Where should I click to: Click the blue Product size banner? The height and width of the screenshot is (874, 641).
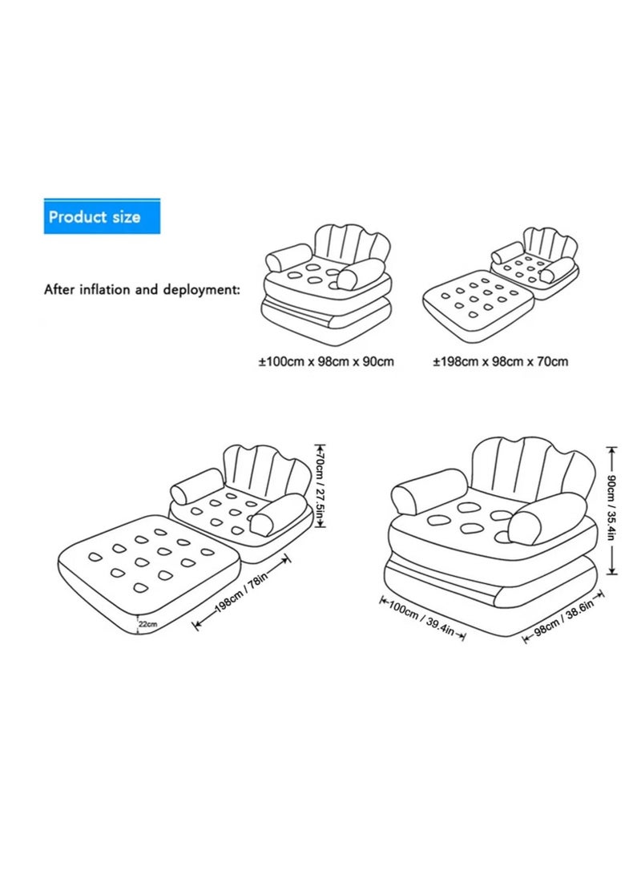click(102, 217)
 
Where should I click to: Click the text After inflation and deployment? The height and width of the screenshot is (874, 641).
click(141, 289)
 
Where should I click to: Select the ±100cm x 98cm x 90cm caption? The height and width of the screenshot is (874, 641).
click(326, 361)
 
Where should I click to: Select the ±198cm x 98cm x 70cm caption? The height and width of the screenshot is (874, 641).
click(501, 361)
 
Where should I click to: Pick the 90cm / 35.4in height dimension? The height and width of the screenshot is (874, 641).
click(611, 509)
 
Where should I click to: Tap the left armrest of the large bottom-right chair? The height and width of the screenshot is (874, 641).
click(429, 489)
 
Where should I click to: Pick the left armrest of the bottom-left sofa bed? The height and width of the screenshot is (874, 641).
click(196, 488)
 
